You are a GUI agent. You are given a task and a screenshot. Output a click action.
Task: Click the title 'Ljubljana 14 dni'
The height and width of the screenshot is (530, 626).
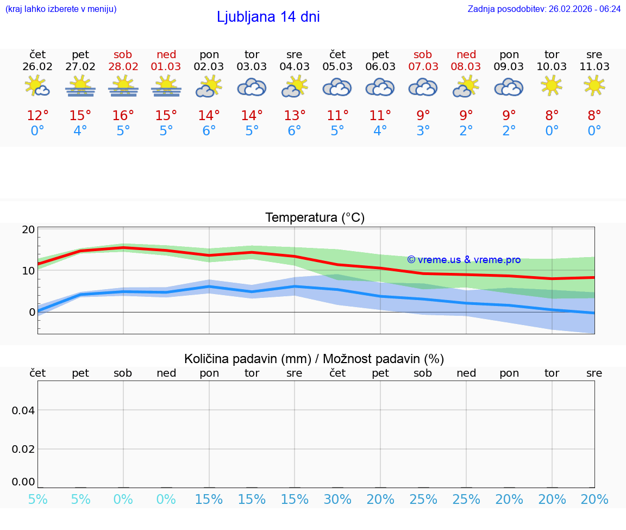[268, 17]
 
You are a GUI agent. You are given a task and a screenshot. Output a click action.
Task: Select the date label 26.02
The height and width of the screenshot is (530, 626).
[37, 67]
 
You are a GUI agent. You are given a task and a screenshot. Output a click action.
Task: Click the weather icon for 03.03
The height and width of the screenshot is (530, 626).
[252, 87]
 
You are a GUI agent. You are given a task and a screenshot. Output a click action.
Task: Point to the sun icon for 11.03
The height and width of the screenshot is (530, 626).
[594, 85]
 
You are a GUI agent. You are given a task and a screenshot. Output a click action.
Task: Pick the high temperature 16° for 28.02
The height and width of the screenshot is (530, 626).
[123, 116]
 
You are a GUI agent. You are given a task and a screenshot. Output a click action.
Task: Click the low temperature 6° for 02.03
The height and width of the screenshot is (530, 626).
[209, 131]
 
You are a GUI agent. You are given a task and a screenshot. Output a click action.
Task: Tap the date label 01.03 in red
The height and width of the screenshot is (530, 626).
[166, 67]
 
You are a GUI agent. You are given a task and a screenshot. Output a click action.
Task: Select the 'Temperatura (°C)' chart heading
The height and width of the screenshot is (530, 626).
[315, 218]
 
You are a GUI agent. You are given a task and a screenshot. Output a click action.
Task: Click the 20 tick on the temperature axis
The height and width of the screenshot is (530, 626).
[28, 229]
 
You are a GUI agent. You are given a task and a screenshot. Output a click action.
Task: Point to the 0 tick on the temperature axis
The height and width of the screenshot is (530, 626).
[32, 312]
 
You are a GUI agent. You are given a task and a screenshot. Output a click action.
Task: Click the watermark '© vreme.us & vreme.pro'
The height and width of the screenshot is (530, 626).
[464, 260]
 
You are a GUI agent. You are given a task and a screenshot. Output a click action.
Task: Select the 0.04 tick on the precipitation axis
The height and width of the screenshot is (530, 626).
[23, 410]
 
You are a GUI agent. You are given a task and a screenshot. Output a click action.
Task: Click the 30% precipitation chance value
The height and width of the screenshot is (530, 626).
[337, 500]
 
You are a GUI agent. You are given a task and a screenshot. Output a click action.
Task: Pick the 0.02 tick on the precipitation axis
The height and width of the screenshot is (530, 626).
[23, 448]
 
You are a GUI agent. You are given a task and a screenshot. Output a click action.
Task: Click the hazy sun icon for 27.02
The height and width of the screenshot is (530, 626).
[80, 86]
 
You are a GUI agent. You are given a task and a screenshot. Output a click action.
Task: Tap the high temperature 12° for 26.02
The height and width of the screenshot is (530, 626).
[37, 116]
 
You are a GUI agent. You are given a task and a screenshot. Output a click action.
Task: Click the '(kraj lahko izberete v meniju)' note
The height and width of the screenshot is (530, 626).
[61, 9]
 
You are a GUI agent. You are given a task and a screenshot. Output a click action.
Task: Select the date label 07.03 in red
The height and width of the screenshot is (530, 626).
[423, 67]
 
